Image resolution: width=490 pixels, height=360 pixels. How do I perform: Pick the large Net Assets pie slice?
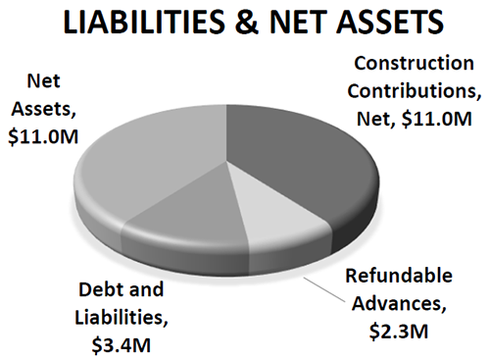[147, 157]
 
